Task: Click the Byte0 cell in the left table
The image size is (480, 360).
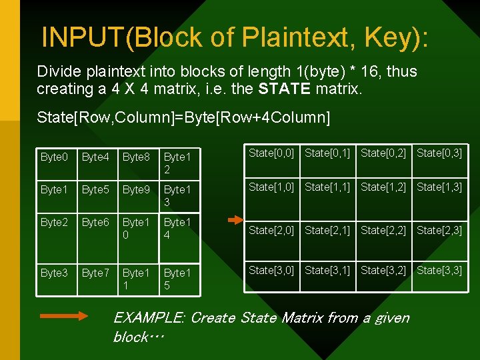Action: (54, 157)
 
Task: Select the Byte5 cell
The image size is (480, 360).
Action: (95, 189)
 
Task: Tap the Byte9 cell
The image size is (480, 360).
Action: (136, 189)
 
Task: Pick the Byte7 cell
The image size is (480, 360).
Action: (95, 273)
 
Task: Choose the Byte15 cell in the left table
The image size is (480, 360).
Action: (177, 279)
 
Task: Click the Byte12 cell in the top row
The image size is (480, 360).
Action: (177, 163)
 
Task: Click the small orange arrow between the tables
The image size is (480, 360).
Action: (236, 219)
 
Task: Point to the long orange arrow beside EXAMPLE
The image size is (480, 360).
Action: (64, 317)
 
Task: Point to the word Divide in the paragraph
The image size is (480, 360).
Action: (58, 71)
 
